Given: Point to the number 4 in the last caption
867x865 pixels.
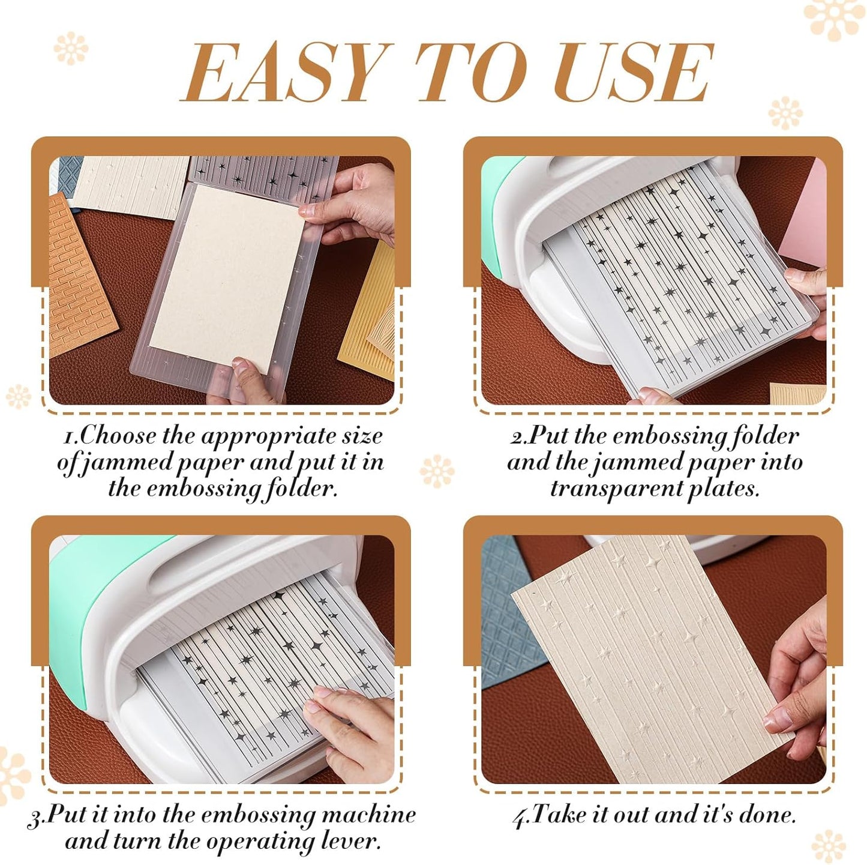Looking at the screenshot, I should click(520, 817).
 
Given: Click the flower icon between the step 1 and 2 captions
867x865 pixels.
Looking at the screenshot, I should click(436, 471).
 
